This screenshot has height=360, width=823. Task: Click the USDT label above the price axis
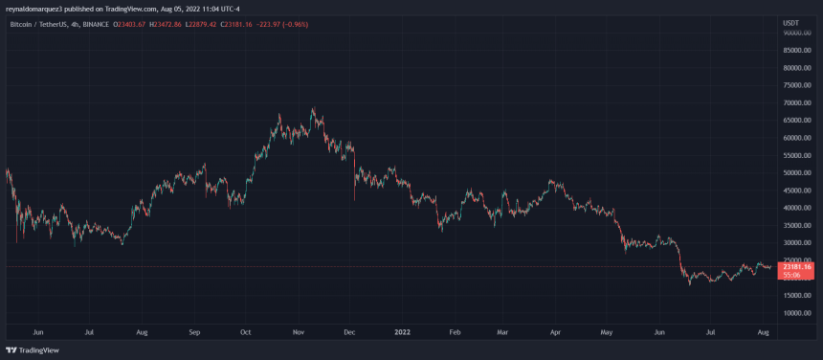click(x=790, y=22)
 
